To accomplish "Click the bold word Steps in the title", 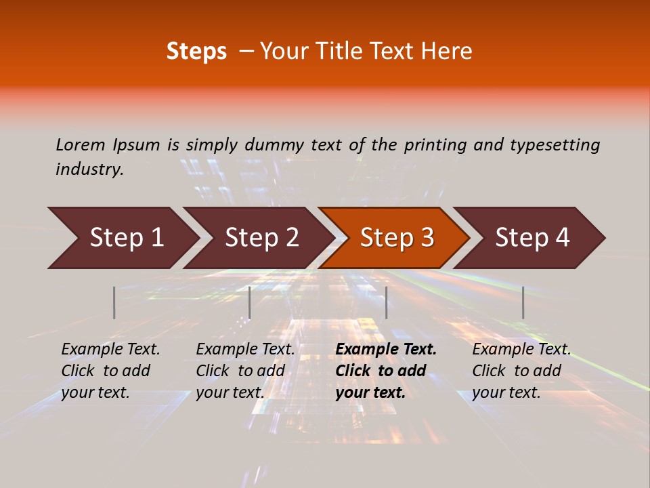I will pyautogui.click(x=196, y=52).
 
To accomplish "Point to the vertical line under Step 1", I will pyautogui.click(x=114, y=302).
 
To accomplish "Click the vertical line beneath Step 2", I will pyautogui.click(x=250, y=302).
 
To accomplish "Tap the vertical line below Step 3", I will pyautogui.click(x=386, y=302).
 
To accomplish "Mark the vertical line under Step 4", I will pyautogui.click(x=523, y=302).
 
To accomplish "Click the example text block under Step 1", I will pyautogui.click(x=110, y=371).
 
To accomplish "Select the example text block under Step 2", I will pyautogui.click(x=245, y=371).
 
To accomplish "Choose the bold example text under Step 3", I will pyautogui.click(x=386, y=371).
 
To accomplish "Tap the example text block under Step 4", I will pyautogui.click(x=521, y=371).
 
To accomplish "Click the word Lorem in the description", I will pyautogui.click(x=80, y=144).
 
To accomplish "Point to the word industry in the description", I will pyautogui.click(x=89, y=169).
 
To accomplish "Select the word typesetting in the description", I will pyautogui.click(x=555, y=144).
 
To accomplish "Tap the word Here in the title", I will pyautogui.click(x=450, y=52).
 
